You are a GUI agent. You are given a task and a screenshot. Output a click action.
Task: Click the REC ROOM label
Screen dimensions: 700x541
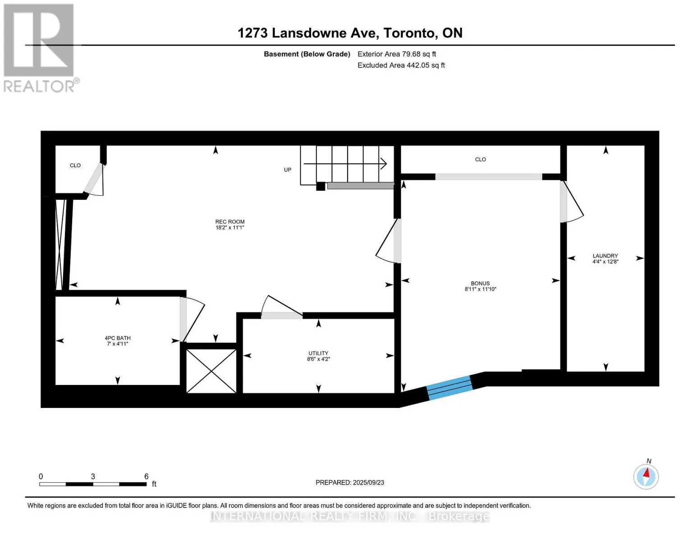[230, 222]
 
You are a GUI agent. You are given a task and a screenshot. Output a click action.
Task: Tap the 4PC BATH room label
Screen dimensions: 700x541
[118, 338]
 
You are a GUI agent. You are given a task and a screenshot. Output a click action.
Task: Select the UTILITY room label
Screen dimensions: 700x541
[318, 353]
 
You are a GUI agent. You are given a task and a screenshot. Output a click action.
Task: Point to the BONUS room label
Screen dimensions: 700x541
[480, 284]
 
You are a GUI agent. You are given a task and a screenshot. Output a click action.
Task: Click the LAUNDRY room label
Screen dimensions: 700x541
[605, 256]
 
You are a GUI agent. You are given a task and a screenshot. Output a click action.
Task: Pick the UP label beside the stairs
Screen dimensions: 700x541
[288, 170]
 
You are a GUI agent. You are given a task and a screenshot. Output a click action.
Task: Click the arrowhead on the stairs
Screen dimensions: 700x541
[383, 164]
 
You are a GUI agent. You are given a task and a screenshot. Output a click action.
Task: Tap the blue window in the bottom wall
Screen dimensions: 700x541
[450, 388]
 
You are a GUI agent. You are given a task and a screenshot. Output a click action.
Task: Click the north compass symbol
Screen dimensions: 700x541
[646, 477]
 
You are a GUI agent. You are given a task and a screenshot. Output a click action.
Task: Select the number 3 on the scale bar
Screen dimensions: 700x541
[93, 476]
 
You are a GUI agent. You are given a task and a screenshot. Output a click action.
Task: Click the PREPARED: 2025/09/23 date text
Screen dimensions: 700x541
[350, 482]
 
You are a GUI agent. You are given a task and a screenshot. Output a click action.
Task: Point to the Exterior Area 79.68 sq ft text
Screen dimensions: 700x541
[397, 54]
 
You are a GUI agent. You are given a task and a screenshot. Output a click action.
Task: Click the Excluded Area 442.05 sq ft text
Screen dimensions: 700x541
[401, 65]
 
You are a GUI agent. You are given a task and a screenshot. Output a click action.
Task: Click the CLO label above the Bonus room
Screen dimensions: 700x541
[480, 160]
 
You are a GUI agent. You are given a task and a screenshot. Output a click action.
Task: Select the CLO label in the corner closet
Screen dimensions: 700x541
[75, 165]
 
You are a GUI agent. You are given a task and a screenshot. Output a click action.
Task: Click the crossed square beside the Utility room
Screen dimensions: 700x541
[211, 371]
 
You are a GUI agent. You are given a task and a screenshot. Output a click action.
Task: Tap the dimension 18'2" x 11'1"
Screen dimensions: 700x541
[230, 228]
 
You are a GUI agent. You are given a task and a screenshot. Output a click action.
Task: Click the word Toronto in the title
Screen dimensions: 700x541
[409, 33]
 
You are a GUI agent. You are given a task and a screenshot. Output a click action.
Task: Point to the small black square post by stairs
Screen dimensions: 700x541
[320, 186]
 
